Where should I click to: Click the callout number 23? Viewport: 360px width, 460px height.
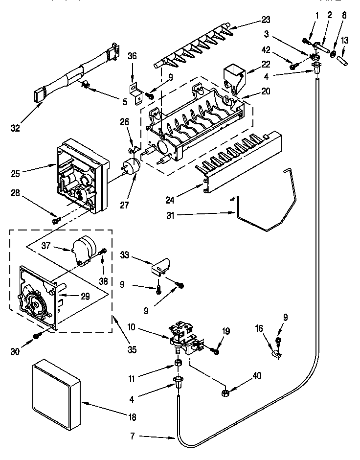(x=266, y=20)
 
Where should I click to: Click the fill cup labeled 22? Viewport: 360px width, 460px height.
(x=233, y=78)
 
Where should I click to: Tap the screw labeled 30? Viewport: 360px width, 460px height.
(x=37, y=335)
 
